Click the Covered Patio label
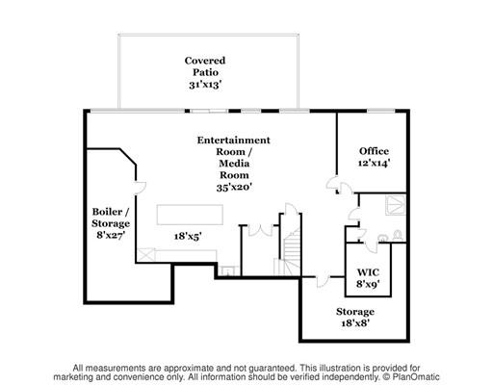pos(205,66)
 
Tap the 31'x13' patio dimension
pos(205,85)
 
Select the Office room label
pos(374,151)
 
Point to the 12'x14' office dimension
pos(374,163)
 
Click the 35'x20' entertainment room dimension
pos(234,187)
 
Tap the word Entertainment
pos(234,141)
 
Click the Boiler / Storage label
pos(111,218)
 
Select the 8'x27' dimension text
pos(111,235)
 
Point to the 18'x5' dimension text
pos(188,237)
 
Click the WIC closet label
pos(368,272)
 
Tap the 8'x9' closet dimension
pos(368,284)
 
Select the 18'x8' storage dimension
pos(355,322)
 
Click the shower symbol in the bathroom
pos(396,205)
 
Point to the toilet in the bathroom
pos(398,235)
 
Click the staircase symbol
pos(290,253)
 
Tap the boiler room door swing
pos(141,188)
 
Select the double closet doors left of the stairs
pos(260,230)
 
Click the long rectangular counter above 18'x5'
pos(190,215)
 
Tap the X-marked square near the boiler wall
pos(146,254)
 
